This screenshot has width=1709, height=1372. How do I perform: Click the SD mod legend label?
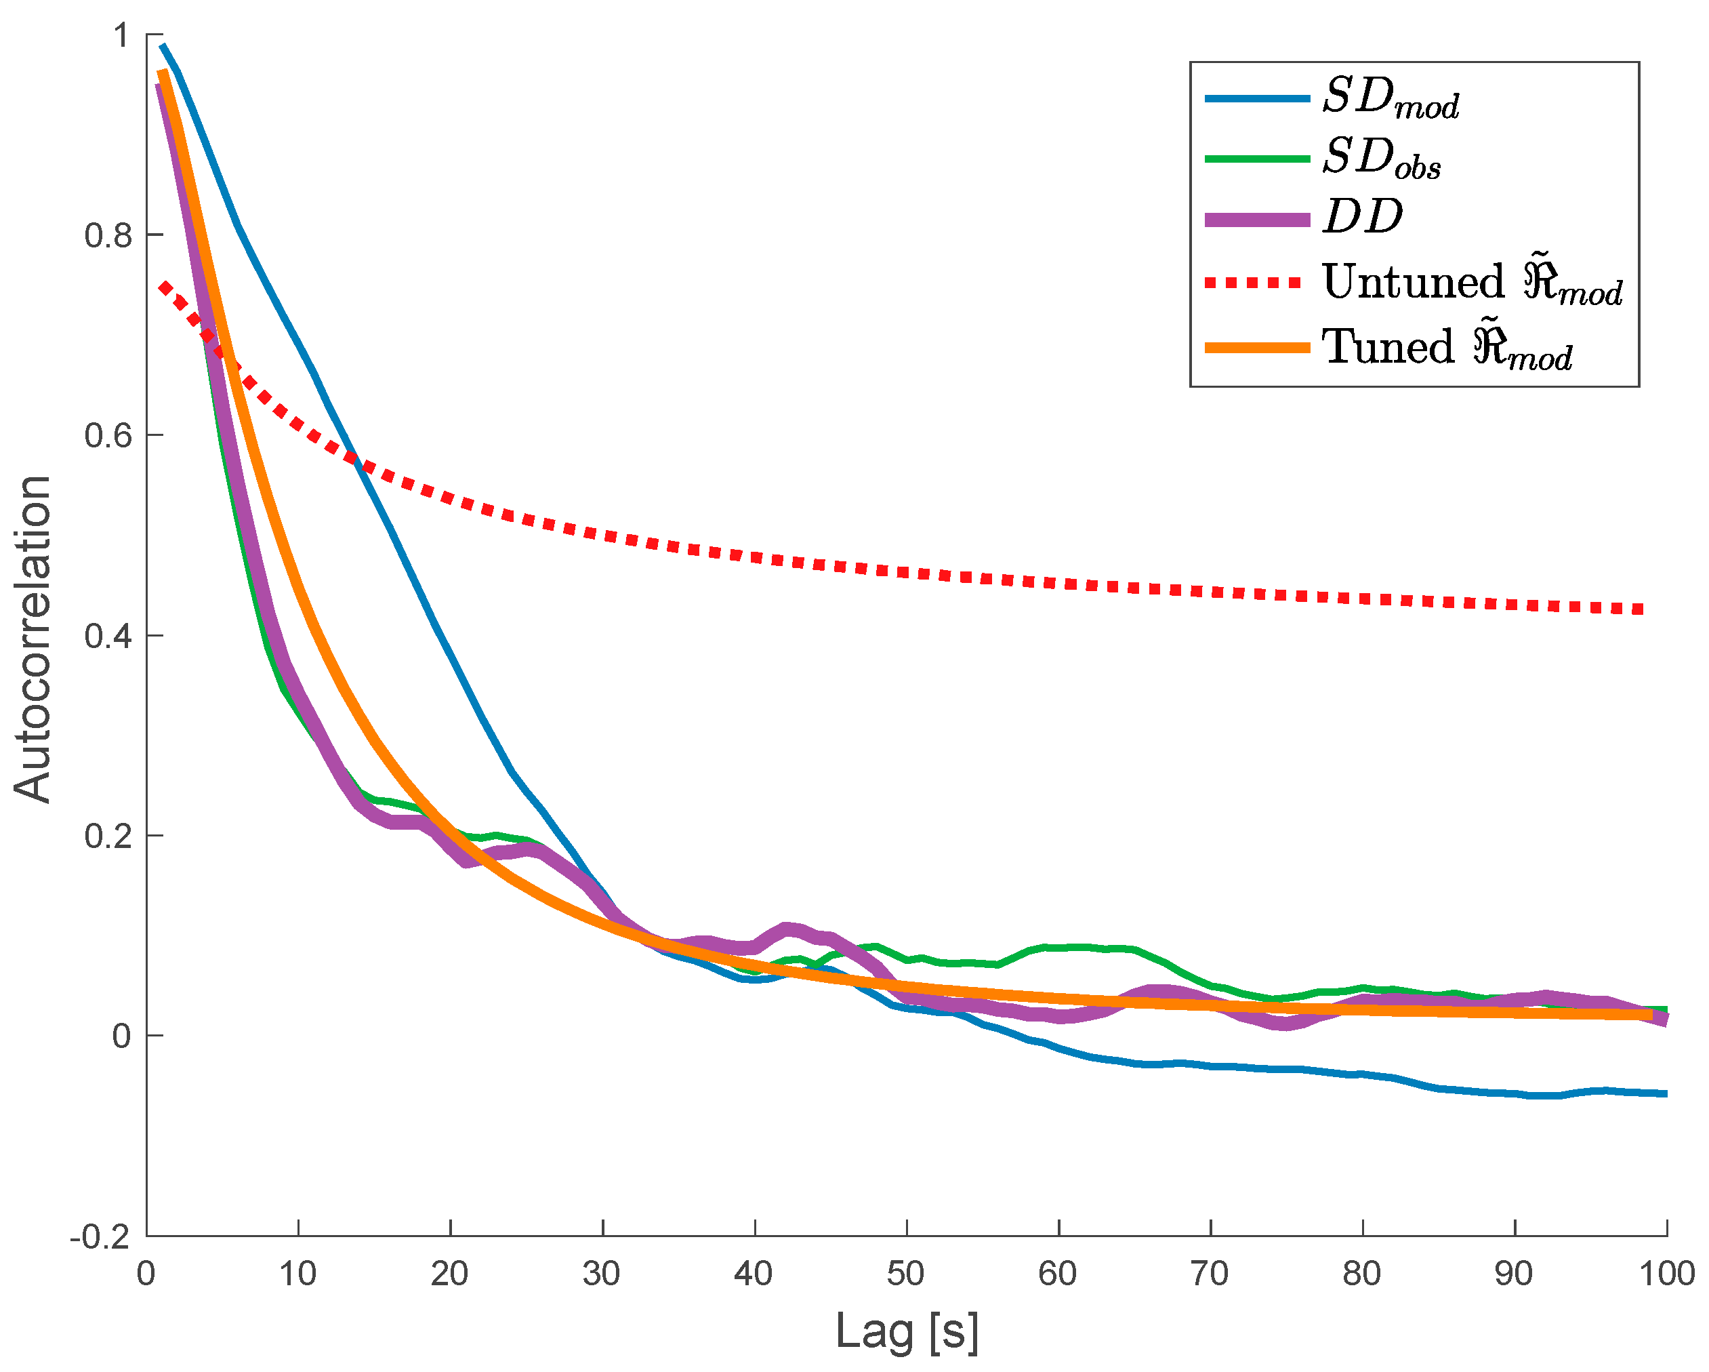(x=1391, y=100)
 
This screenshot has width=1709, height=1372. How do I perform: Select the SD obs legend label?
(x=1382, y=159)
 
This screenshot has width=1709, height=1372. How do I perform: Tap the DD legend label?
(x=1363, y=216)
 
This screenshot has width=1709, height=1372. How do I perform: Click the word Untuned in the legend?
(x=1414, y=282)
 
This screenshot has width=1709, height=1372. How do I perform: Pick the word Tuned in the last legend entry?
(x=1388, y=347)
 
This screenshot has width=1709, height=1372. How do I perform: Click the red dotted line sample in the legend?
(x=1255, y=282)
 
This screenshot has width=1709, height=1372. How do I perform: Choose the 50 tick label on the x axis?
(x=905, y=1274)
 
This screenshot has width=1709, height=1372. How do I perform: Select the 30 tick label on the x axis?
(x=602, y=1274)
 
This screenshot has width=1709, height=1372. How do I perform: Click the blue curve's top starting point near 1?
(x=163, y=46)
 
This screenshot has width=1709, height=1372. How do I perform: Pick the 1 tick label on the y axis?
(x=121, y=36)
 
